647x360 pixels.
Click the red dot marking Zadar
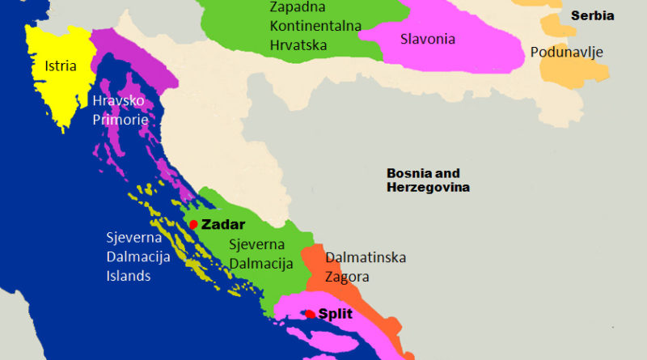pyautogui.click(x=193, y=224)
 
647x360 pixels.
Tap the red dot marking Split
pyautogui.click(x=311, y=314)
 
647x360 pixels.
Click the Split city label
pyautogui.click(x=336, y=315)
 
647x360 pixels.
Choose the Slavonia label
pyautogui.click(x=428, y=38)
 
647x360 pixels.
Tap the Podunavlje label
pyautogui.click(x=567, y=53)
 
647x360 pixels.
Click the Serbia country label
pyautogui.click(x=592, y=15)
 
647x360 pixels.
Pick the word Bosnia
pyautogui.click(x=411, y=173)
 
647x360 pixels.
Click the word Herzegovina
pyautogui.click(x=428, y=188)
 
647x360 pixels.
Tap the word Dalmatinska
pyautogui.click(x=366, y=258)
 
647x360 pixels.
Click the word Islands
pyautogui.click(x=129, y=276)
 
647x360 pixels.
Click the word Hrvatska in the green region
pyautogui.click(x=298, y=44)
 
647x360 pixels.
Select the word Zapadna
pyautogui.click(x=294, y=7)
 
